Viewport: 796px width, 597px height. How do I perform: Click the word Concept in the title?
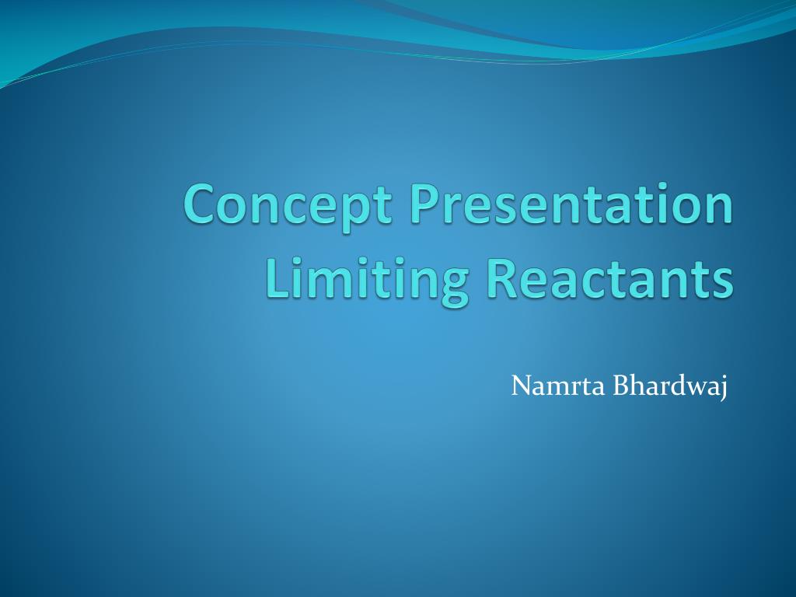[x=289, y=205]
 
